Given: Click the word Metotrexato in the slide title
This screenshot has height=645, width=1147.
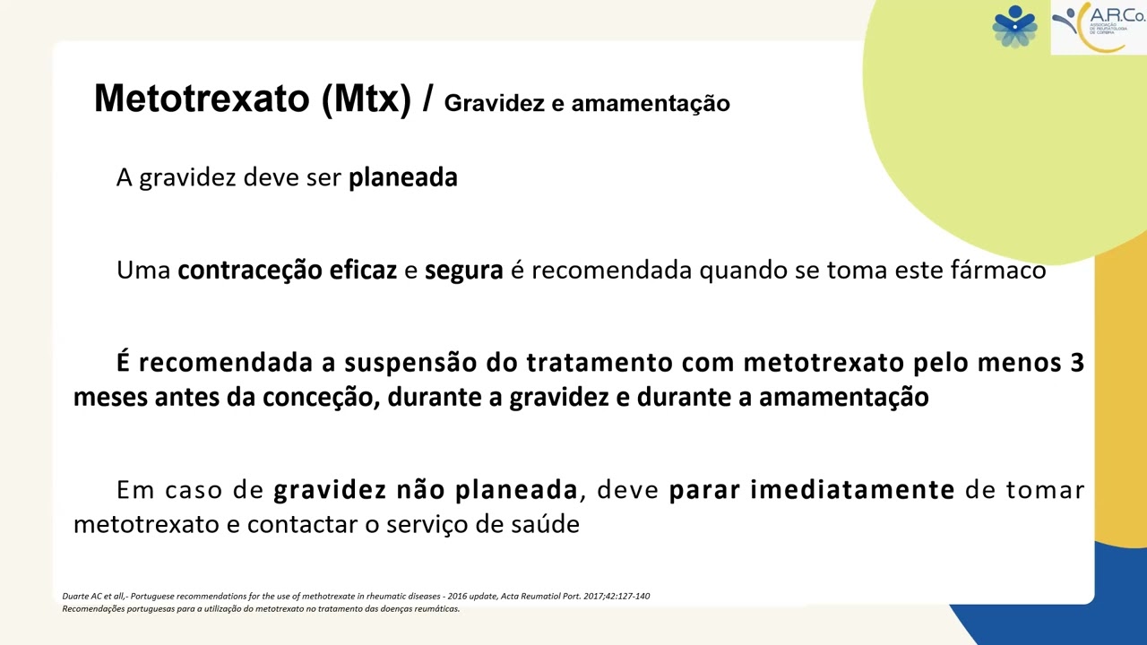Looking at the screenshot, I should pyautogui.click(x=202, y=99).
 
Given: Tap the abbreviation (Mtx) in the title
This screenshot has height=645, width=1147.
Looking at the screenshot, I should pyautogui.click(x=366, y=99).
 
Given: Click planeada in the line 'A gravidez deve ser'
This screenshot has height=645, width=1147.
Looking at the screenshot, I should pyautogui.click(x=402, y=177).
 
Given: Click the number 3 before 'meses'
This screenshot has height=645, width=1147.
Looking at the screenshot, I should pyautogui.click(x=1077, y=363).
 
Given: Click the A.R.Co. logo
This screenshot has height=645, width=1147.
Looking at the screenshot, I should pyautogui.click(x=1098, y=27).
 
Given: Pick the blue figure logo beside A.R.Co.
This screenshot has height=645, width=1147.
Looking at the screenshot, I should pyautogui.click(x=1014, y=26).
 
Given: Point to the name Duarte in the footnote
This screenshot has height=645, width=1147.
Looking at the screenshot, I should pyautogui.click(x=76, y=597).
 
